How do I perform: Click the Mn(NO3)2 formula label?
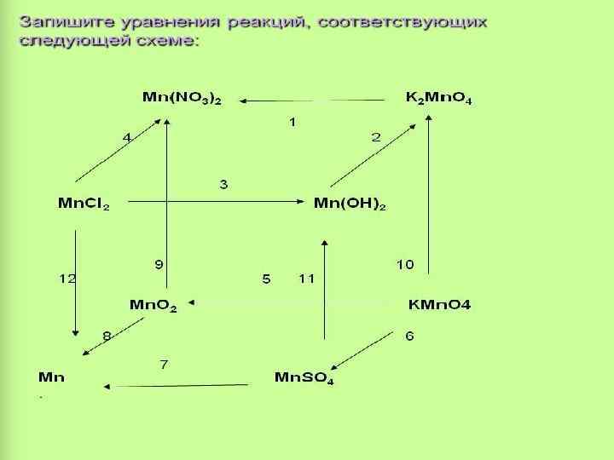tap(181, 98)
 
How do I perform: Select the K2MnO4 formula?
tap(438, 98)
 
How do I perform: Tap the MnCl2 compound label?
tap(84, 204)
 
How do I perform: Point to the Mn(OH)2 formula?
tap(350, 204)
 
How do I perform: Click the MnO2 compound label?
tap(153, 305)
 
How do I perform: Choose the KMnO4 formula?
tap(439, 304)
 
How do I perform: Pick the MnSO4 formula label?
tap(304, 377)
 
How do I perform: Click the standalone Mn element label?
tap(51, 377)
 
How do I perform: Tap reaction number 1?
tap(292, 123)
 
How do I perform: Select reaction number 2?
tap(375, 137)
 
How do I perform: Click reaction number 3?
tap(223, 184)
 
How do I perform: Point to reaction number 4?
tap(127, 137)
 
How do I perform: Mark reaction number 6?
tap(409, 336)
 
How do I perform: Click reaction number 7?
tap(164, 365)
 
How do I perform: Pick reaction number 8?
tap(107, 336)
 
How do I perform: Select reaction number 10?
tap(404, 265)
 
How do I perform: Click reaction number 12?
tap(67, 279)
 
